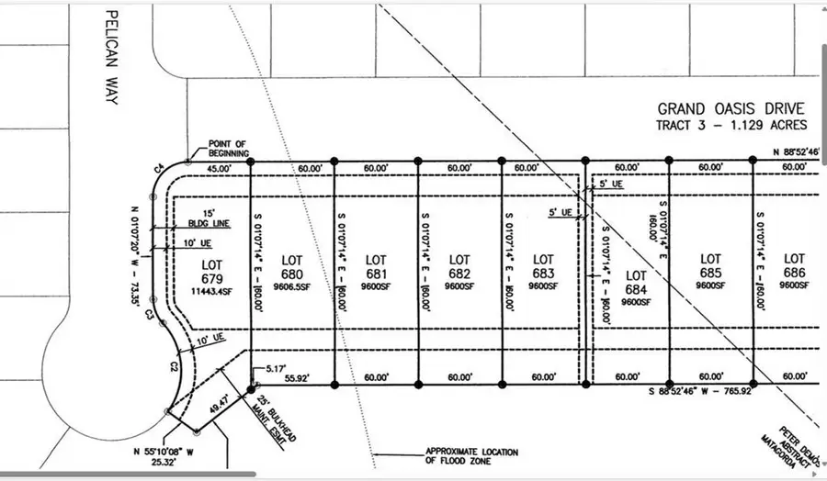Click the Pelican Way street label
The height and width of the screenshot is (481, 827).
tap(112, 57)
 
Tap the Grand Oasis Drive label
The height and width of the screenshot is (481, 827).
tap(731, 107)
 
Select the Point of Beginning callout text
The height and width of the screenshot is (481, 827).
tap(229, 148)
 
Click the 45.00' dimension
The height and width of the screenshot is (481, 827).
tap(219, 169)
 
